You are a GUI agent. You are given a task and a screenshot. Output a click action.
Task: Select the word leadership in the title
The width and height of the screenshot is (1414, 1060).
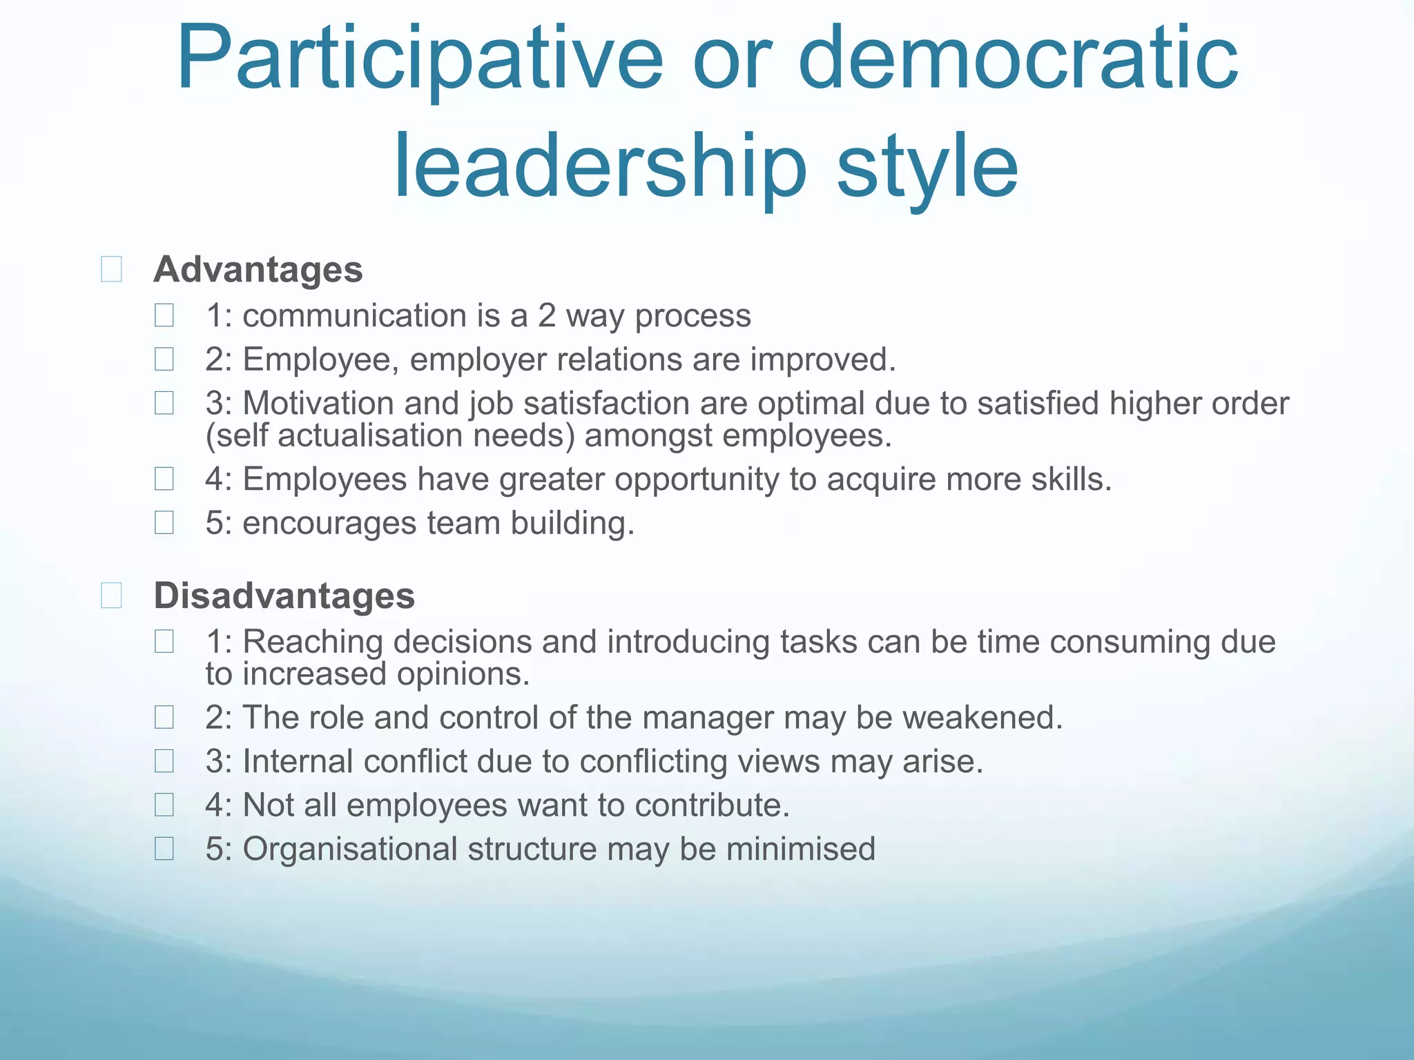click(x=599, y=168)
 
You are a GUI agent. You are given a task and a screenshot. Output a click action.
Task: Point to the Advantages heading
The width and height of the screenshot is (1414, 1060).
click(x=258, y=269)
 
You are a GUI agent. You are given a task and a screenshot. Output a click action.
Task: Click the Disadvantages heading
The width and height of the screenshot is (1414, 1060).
click(x=284, y=596)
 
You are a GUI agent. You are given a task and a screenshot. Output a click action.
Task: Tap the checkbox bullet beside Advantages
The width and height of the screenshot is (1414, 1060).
click(x=111, y=269)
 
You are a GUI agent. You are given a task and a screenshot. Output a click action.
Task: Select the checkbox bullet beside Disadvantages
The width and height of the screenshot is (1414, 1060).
click(x=111, y=596)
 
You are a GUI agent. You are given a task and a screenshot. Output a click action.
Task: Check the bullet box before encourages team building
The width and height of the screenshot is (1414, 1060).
click(x=164, y=522)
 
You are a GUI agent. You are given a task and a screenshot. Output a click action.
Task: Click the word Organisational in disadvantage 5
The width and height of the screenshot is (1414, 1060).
click(x=350, y=849)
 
